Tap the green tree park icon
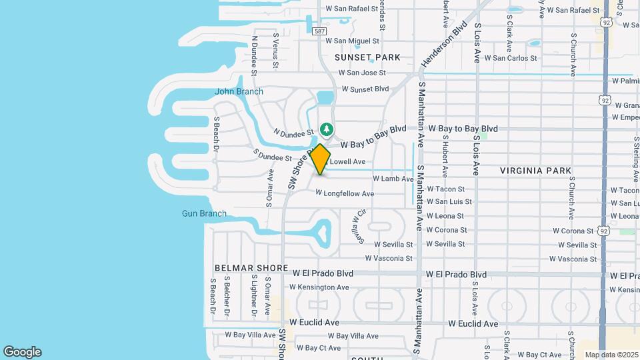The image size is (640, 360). click(x=327, y=128)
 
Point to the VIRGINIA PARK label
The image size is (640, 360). click(x=535, y=171)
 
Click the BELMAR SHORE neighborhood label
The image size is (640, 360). click(x=251, y=267)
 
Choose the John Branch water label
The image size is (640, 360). click(x=239, y=91)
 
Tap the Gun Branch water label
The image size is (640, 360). click(x=204, y=213)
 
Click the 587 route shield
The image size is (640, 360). click(x=320, y=31)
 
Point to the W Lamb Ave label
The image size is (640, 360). click(x=393, y=179)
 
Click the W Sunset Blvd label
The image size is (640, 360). click(x=365, y=89)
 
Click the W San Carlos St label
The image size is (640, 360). click(x=511, y=58)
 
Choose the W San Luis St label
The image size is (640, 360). click(x=449, y=201)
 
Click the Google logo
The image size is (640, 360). click(x=22, y=352)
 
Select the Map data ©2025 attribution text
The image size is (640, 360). click(x=611, y=355)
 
